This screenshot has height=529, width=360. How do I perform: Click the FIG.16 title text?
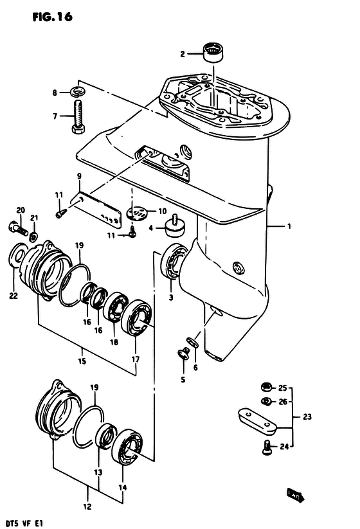52,17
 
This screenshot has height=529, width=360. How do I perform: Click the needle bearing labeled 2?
213,52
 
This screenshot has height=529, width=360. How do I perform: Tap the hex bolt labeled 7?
78,116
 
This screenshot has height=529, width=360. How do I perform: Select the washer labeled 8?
78,91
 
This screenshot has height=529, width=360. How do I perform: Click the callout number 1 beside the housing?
289,226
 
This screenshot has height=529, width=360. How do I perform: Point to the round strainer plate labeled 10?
137,213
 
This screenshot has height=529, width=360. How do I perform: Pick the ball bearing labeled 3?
173,261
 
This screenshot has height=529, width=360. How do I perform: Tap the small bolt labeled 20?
17,228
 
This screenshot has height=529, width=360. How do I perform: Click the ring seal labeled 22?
16,256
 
